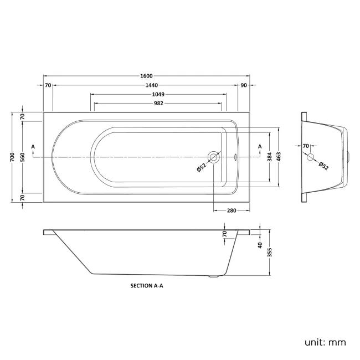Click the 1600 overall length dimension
(x=146, y=76)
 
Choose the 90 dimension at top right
(x=244, y=85)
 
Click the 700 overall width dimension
(x=12, y=158)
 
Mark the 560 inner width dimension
(x=22, y=158)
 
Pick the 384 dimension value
(x=270, y=158)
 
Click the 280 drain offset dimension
(x=231, y=210)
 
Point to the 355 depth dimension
(x=270, y=252)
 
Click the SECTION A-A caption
(x=147, y=286)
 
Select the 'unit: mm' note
(x=325, y=342)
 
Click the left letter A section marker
(x=34, y=146)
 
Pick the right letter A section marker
(x=260, y=146)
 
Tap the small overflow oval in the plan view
(x=235, y=157)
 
